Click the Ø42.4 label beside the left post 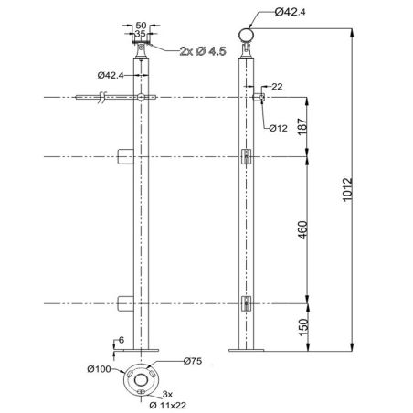[109, 75]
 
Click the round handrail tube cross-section [244, 35]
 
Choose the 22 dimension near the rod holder [277, 86]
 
